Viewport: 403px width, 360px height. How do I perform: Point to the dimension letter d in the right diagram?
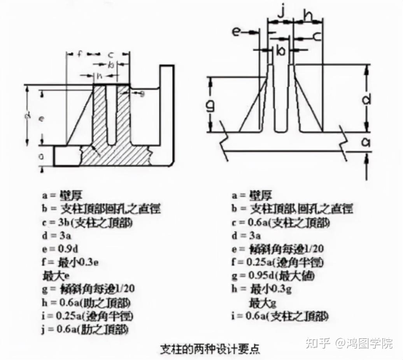pyautogui.click(x=366, y=100)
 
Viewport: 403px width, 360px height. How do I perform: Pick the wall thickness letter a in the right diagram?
pyautogui.click(x=366, y=142)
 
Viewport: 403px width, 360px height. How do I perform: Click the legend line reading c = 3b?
pyautogui.click(x=88, y=223)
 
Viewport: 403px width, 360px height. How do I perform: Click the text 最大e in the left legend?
pyautogui.click(x=52, y=276)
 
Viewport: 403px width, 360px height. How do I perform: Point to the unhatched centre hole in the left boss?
pyautogui.click(x=111, y=113)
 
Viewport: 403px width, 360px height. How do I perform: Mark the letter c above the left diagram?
pyautogui.click(x=110, y=54)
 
